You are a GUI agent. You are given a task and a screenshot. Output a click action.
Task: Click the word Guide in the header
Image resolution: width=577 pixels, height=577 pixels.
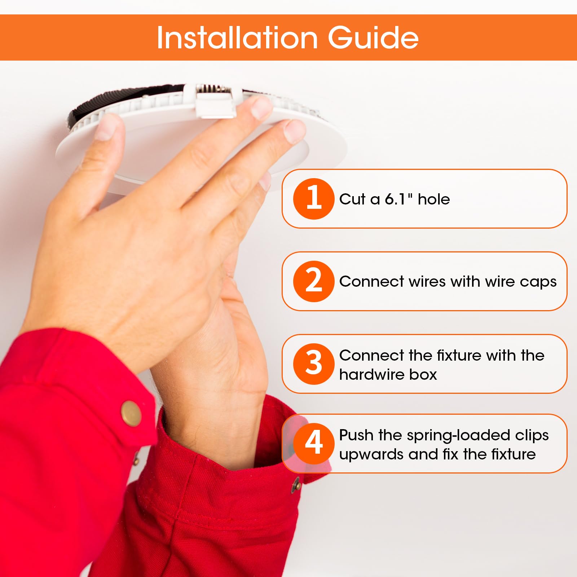tap(373, 38)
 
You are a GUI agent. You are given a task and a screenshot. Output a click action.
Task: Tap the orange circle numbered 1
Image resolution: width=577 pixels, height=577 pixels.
tap(314, 199)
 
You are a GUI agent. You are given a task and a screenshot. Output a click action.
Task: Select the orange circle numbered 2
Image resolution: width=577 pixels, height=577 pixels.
tap(314, 281)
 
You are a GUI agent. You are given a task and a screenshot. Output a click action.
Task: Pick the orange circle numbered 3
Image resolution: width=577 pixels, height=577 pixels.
tap(314, 364)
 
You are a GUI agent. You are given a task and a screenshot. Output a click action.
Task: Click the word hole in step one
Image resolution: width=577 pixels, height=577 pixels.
tap(434, 199)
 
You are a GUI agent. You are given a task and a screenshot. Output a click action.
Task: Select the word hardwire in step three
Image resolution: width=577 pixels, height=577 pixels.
tap(367, 374)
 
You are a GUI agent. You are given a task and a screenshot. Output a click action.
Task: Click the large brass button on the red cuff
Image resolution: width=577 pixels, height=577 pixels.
tap(131, 413)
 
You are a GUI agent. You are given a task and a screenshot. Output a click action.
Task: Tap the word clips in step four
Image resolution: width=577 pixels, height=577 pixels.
tap(532, 436)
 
